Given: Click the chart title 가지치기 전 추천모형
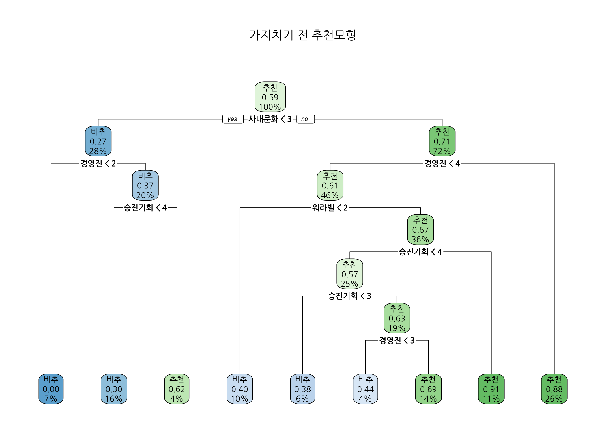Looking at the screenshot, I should pos(302,35).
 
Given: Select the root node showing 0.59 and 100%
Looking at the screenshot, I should pos(270,97).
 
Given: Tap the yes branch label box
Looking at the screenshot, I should pos(233,119).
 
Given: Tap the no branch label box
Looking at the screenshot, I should pos(305,119).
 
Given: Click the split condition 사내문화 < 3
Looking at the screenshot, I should pos(270,119).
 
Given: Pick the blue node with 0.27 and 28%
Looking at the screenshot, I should pos(98,141).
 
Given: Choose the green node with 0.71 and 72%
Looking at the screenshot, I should pos(442,141).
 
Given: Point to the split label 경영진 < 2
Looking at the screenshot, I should pos(98,163).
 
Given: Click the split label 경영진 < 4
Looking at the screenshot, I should pos(442,163).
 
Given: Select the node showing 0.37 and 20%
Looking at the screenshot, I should pos(145,185).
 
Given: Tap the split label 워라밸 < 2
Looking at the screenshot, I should pos(330,208).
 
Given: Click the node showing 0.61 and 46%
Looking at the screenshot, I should pos(330,185).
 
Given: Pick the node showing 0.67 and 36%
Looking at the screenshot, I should pos(420,229).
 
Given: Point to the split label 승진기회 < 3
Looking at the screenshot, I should pos(349,296).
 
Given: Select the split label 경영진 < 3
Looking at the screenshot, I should pos(397,340).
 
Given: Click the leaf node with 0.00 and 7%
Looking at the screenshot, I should pos(51,389).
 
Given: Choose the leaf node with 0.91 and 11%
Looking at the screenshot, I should pos(491,389).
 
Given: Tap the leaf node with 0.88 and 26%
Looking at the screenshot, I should pos(554,389).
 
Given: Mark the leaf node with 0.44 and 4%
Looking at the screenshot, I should pos(365,389).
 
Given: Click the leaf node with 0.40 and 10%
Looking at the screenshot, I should pos(240,389).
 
